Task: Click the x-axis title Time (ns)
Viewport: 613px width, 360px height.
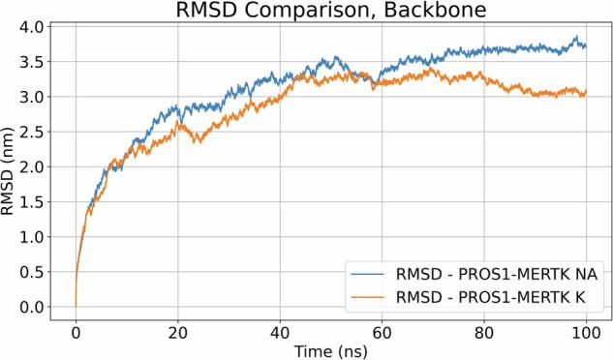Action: [x=330, y=349]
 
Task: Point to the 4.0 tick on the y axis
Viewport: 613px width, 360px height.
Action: [x=34, y=26]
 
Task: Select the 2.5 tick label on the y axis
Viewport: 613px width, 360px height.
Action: [x=34, y=132]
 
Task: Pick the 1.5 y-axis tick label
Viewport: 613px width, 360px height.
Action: [x=34, y=201]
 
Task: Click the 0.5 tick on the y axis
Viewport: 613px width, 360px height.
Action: [x=34, y=272]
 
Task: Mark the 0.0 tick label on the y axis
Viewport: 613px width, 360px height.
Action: [x=34, y=307]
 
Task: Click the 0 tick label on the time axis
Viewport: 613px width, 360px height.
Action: [x=76, y=329]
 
